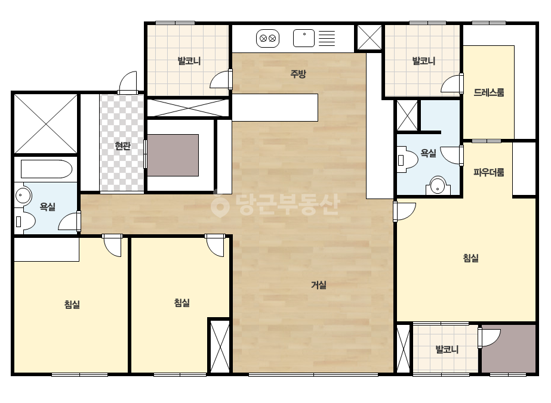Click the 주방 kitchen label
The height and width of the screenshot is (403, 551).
click(298, 74)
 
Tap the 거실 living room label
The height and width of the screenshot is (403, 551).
click(319, 285)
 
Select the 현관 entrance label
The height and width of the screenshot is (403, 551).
click(122, 145)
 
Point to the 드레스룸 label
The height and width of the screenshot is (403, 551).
click(489, 92)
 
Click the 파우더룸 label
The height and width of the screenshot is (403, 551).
click(489, 172)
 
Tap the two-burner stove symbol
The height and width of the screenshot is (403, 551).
click(268, 38)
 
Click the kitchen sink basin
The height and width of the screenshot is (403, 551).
click(304, 38)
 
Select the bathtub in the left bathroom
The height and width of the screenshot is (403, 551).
click(47, 169)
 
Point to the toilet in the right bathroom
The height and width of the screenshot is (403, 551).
click(407, 160)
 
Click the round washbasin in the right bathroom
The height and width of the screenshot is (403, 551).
click(438, 186)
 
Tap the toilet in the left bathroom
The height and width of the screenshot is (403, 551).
click(25, 221)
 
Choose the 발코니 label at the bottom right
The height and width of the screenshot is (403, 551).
click(447, 349)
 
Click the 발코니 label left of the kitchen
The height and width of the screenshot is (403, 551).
click(189, 61)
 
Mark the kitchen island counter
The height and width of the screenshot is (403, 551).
click(275, 107)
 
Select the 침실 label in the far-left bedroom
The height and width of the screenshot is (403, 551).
click(72, 304)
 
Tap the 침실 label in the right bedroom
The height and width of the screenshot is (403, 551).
click(471, 258)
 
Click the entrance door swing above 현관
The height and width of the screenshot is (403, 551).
click(128, 83)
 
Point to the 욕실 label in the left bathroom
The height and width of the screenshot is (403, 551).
click(47, 206)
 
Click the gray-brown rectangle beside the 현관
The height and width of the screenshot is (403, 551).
click(173, 155)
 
